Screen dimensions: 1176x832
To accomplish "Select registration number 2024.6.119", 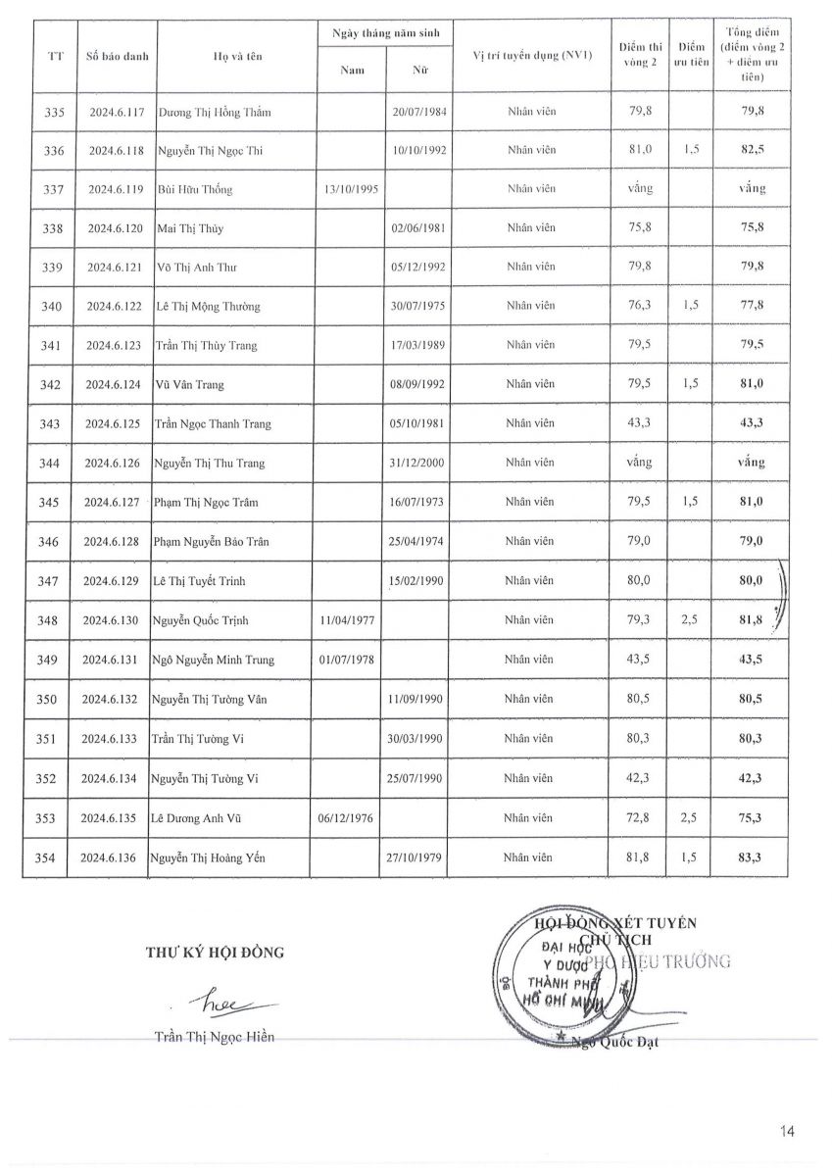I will coord(116,189).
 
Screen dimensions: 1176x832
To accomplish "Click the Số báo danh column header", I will coord(117,56).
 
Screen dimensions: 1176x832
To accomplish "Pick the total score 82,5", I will coord(752,150).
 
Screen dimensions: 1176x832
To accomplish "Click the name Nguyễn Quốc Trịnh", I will coord(201,620).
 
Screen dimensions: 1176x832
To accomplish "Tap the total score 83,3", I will coord(752,857).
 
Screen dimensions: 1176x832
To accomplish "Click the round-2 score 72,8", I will coord(641,818).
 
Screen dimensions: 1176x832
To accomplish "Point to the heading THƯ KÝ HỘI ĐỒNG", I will coord(216,951).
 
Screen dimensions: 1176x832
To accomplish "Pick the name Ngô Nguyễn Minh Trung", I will coord(213,660).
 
